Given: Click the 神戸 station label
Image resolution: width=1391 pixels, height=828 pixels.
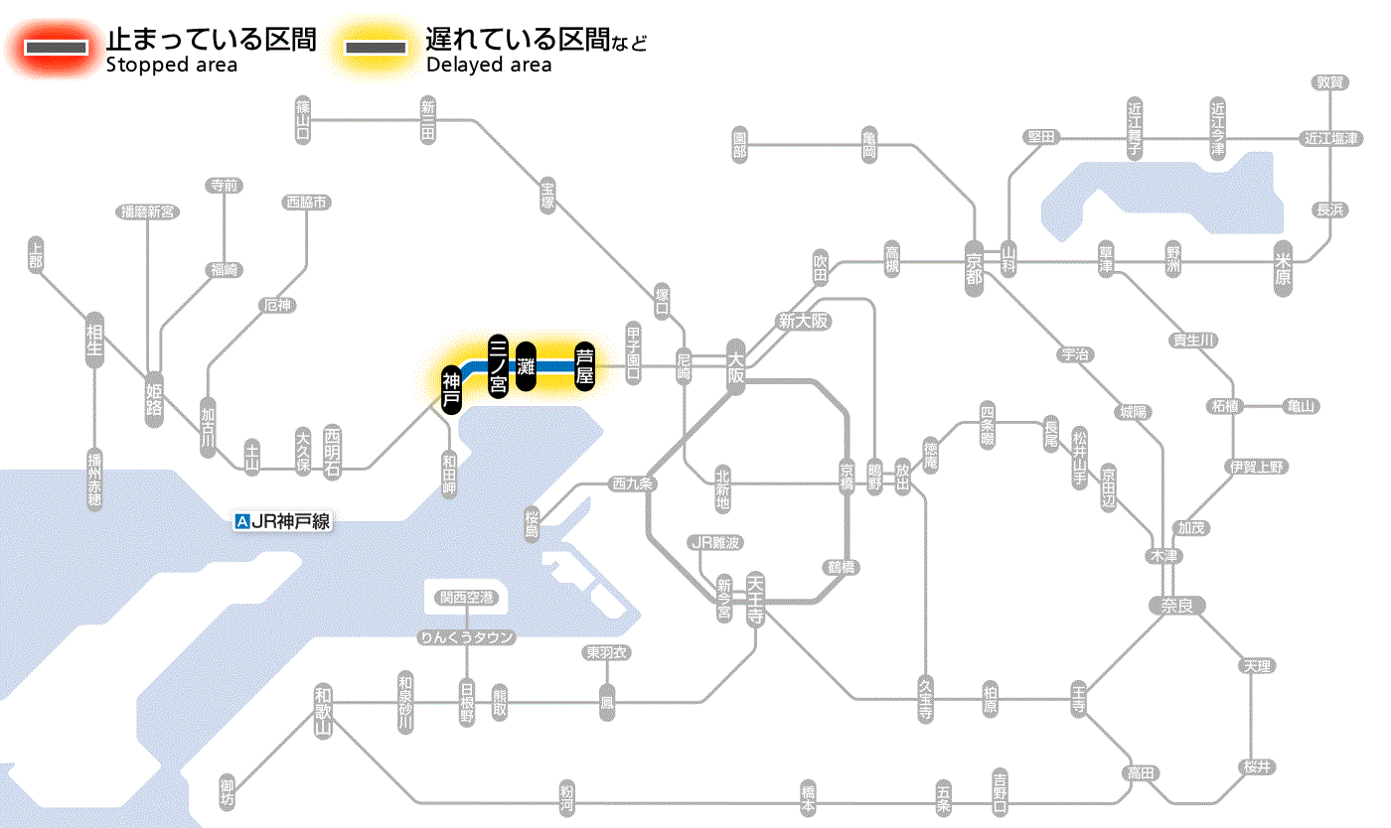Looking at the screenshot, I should (x=452, y=389).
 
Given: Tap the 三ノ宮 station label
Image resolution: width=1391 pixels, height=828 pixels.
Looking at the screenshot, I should (x=499, y=365).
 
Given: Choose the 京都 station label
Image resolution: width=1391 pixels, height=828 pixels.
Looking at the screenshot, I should (x=974, y=264).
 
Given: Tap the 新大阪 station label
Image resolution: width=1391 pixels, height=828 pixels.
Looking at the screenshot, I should (x=803, y=322).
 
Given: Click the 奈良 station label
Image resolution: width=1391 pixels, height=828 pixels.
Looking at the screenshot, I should (x=1176, y=605).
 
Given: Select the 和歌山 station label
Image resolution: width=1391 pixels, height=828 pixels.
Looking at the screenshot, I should (x=323, y=710).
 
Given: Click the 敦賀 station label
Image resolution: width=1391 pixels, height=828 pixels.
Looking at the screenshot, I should (x=1330, y=83).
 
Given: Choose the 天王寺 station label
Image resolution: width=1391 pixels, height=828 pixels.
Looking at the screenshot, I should (x=755, y=600).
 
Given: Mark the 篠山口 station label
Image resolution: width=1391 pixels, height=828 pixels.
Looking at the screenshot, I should (x=303, y=119).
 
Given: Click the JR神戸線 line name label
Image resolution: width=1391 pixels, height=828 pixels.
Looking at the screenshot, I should (x=282, y=521).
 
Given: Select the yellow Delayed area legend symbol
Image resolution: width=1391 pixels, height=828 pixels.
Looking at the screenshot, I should (x=375, y=47).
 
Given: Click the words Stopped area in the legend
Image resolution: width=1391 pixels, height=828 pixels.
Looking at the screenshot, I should (x=171, y=66).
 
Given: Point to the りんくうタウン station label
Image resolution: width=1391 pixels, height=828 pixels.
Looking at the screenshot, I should (x=467, y=637).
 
